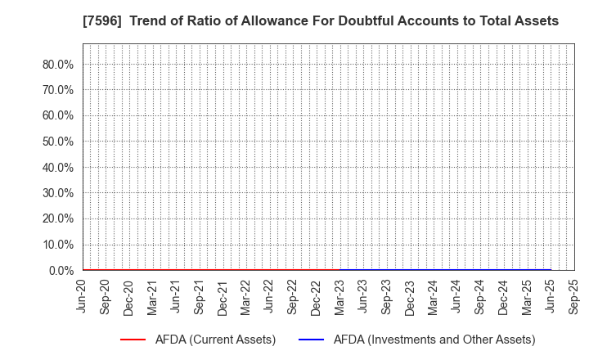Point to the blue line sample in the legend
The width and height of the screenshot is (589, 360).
click(317, 339)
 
